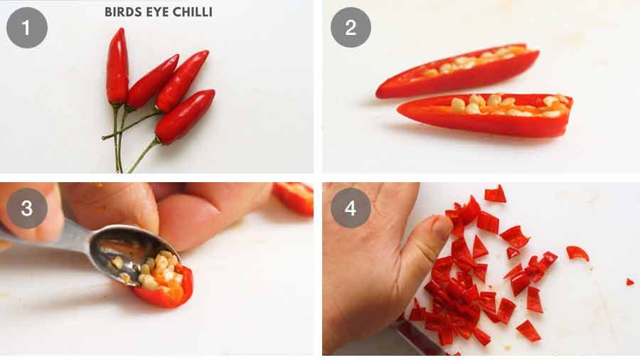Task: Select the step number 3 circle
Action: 26,208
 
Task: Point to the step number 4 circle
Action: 350,208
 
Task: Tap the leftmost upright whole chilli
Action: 117,68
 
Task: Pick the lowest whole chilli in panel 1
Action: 185,116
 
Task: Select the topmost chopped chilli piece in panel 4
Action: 495,194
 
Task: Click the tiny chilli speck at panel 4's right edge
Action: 629,282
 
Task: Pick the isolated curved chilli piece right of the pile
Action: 577,253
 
